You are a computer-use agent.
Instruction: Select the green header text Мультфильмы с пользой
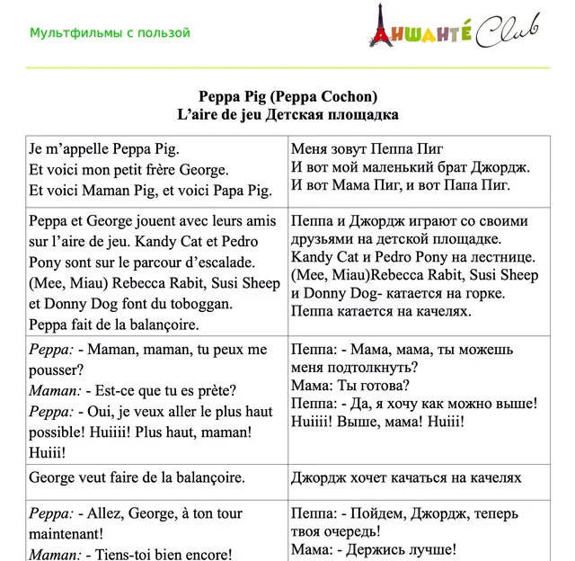[x=110, y=33]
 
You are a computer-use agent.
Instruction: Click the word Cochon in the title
[x=342, y=97]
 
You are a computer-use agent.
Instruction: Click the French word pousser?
[x=56, y=370]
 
